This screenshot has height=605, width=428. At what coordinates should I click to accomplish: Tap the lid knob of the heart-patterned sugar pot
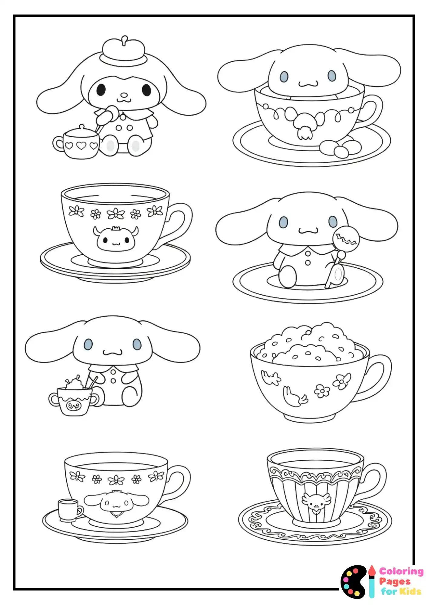coord(82,127)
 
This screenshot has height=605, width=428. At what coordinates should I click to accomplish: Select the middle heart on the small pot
coord(81,146)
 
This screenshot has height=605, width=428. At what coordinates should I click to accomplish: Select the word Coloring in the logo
coord(401,571)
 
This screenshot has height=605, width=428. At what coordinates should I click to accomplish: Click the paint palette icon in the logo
coord(353,582)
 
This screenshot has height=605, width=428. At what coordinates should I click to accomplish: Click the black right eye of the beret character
coord(146,90)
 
